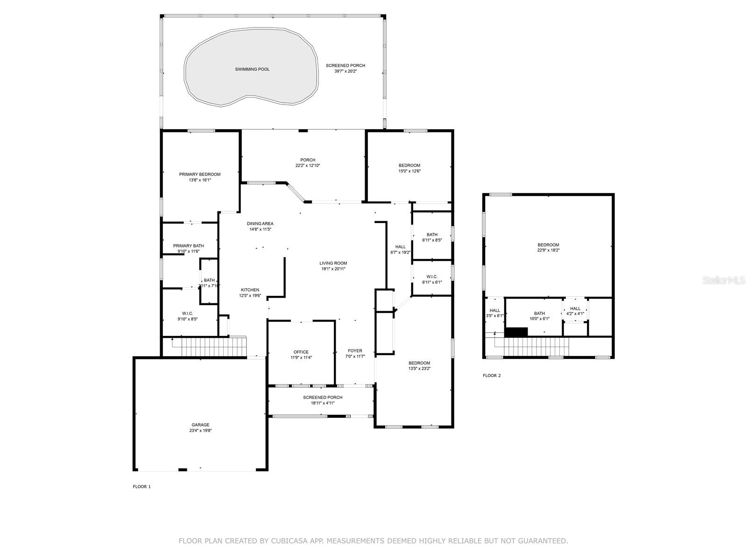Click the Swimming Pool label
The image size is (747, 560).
(252, 70)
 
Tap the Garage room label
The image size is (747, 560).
(200, 425)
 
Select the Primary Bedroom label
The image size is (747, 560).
(200, 175)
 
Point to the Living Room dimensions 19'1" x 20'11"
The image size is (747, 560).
(333, 269)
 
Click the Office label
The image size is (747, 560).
(301, 352)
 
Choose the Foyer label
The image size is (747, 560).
(355, 350)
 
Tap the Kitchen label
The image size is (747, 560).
(250, 290)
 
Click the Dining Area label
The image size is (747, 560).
(261, 224)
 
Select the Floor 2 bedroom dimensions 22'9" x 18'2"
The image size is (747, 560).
(548, 250)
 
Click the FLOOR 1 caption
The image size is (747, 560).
(141, 487)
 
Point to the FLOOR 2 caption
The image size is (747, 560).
(492, 375)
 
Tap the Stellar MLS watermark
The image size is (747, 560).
(724, 280)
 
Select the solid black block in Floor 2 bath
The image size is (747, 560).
(516, 332)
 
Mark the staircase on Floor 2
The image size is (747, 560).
(532, 346)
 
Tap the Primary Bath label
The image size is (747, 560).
(189, 246)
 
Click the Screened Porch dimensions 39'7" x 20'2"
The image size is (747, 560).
(345, 71)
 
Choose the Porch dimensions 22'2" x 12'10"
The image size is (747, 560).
(308, 166)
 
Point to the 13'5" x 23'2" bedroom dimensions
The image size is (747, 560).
(419, 368)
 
